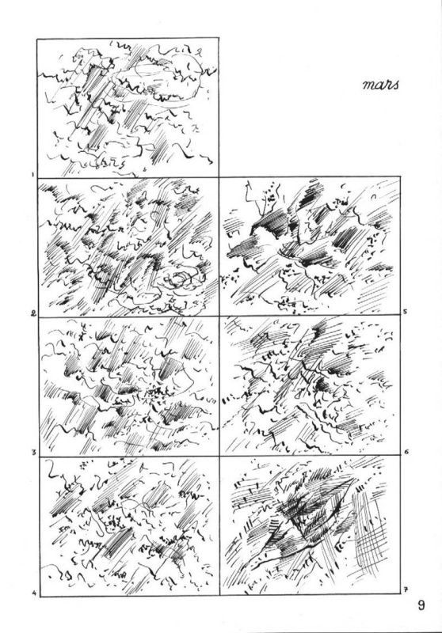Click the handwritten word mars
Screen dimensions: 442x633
click(x=381, y=85)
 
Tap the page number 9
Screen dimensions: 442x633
click(x=421, y=605)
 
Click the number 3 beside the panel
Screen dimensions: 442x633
click(x=34, y=452)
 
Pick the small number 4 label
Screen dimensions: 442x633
click(x=34, y=593)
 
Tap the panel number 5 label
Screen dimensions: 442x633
click(x=405, y=312)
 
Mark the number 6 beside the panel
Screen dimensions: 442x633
click(x=406, y=452)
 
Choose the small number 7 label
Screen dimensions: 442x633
click(x=406, y=591)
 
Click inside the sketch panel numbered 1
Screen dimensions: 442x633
click(x=128, y=108)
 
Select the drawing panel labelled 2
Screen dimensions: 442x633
click(x=128, y=247)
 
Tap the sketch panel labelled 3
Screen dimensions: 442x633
click(x=129, y=386)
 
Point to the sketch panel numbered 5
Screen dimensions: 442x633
click(x=310, y=246)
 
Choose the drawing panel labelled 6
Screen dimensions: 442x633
click(x=311, y=386)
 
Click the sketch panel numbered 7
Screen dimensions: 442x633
click(x=311, y=525)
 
